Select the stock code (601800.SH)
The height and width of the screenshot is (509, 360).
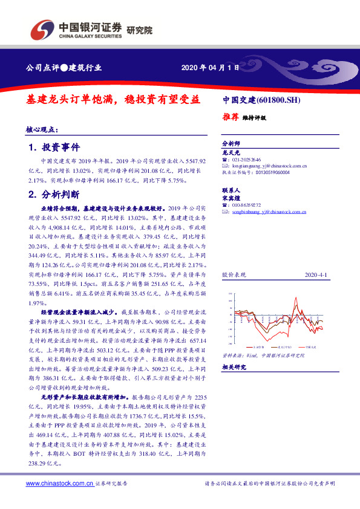pos(279,100)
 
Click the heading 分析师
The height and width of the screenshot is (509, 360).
pos(231,144)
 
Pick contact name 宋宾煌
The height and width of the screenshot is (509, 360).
pos(232,197)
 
